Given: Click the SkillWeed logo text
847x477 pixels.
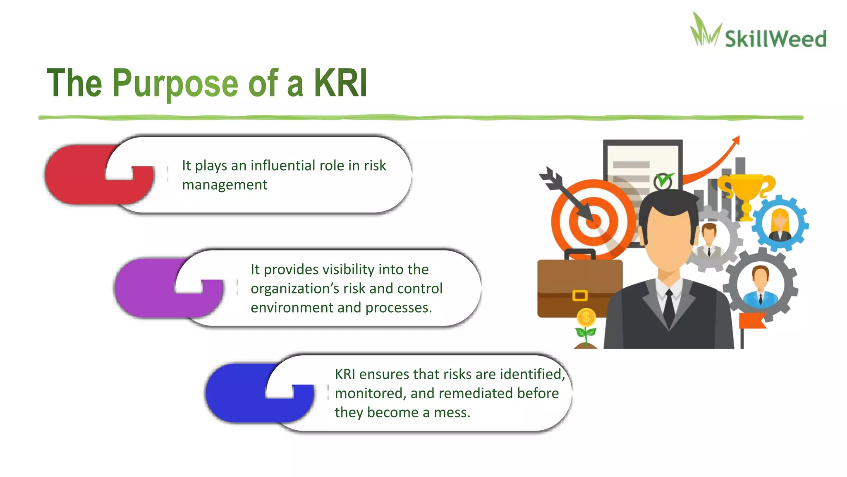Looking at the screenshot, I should (x=775, y=39).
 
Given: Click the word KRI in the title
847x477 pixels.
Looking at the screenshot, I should (x=340, y=83).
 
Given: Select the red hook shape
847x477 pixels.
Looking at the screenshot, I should (x=83, y=176).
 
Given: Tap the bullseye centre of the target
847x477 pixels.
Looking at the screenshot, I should (x=593, y=222).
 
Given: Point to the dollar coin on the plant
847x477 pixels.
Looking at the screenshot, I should (x=586, y=318).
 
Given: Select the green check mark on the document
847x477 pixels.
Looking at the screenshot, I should (x=663, y=181).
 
